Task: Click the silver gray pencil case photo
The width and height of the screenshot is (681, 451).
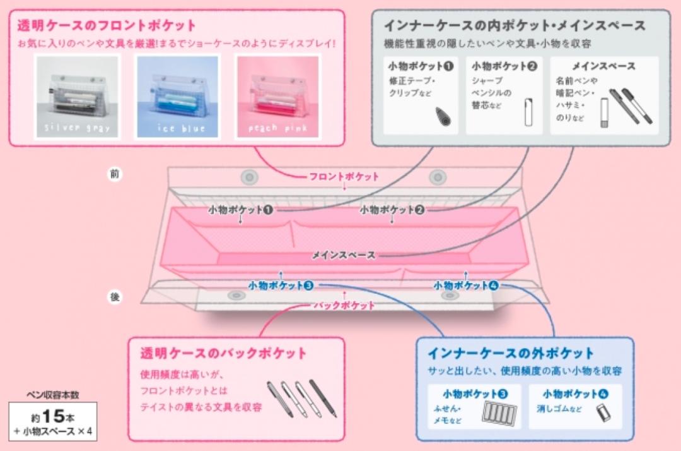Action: point(77,97)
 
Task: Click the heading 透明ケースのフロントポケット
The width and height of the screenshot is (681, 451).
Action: point(107,26)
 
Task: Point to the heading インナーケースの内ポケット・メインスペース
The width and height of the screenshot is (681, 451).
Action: point(515,26)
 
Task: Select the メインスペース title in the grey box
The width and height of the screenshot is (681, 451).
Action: point(603,66)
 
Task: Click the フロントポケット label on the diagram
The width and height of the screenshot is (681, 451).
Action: point(344,176)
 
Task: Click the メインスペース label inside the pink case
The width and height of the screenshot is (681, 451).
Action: point(344,255)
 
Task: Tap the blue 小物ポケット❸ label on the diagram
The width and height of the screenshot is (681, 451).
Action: point(281,286)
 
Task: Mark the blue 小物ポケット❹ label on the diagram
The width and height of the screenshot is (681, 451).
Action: point(466,286)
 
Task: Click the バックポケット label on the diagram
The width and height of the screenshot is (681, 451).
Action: point(344,305)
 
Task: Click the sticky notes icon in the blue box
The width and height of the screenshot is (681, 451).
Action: point(499,412)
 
